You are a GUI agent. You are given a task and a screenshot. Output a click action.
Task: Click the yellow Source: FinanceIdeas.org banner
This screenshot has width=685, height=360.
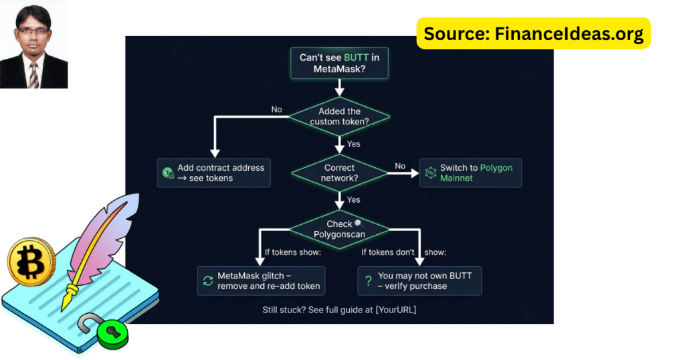(x=533, y=33)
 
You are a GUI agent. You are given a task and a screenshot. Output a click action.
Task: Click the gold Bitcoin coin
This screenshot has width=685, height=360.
(x=31, y=262)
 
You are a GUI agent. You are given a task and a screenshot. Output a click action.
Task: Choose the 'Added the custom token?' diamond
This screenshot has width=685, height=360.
(x=339, y=116)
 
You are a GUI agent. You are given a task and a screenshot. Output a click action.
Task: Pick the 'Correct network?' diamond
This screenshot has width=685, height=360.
(x=339, y=173)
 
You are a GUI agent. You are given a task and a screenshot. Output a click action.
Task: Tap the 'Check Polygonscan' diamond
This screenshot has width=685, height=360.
(x=339, y=229)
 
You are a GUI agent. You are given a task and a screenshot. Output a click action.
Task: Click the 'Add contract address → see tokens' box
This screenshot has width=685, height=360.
(x=214, y=173)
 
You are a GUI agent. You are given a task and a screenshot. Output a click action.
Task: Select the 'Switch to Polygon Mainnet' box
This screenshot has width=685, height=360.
(x=470, y=173)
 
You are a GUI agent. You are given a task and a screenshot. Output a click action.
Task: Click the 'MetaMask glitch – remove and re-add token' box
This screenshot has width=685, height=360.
(x=261, y=281)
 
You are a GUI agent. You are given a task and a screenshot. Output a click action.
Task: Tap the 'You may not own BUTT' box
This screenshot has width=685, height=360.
(x=419, y=281)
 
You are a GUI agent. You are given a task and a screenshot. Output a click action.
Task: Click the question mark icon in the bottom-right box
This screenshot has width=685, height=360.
(x=367, y=281)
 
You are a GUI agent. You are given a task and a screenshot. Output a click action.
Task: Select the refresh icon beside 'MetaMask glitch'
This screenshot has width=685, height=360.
(x=207, y=281)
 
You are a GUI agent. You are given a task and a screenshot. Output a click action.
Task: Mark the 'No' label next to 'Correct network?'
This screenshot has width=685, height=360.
(x=400, y=166)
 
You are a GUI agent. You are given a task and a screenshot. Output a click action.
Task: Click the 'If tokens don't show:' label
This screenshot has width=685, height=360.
(x=404, y=252)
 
